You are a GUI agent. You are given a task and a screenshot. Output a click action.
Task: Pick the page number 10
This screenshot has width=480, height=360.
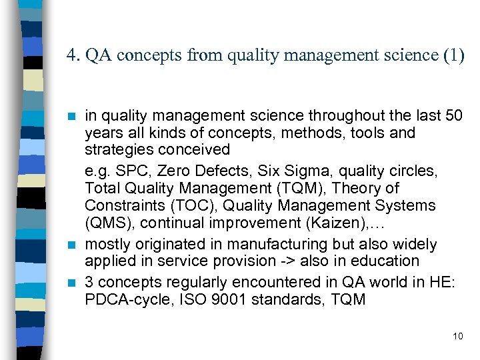457,336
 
